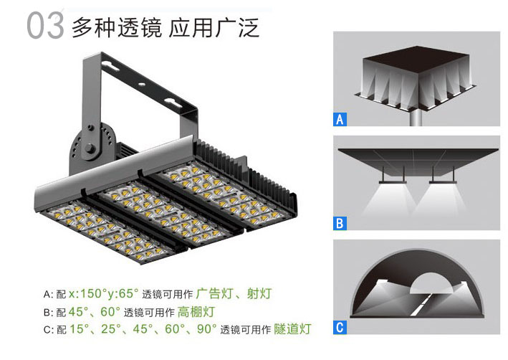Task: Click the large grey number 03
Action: point(45,26)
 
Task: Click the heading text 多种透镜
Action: point(117,27)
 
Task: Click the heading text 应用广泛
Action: point(214,27)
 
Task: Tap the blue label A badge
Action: point(340,119)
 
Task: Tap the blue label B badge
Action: point(340,223)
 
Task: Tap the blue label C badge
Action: point(340,327)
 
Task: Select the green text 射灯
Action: point(259,293)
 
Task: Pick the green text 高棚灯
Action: point(196,312)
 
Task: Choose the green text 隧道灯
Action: point(292,329)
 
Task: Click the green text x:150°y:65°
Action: point(104,293)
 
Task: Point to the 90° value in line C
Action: point(206,329)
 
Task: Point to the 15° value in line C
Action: point(79,329)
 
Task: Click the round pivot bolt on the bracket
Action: point(90,148)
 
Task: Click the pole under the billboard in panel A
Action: point(416,118)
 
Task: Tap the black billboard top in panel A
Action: point(416,60)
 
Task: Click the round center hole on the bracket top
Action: point(142,85)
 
